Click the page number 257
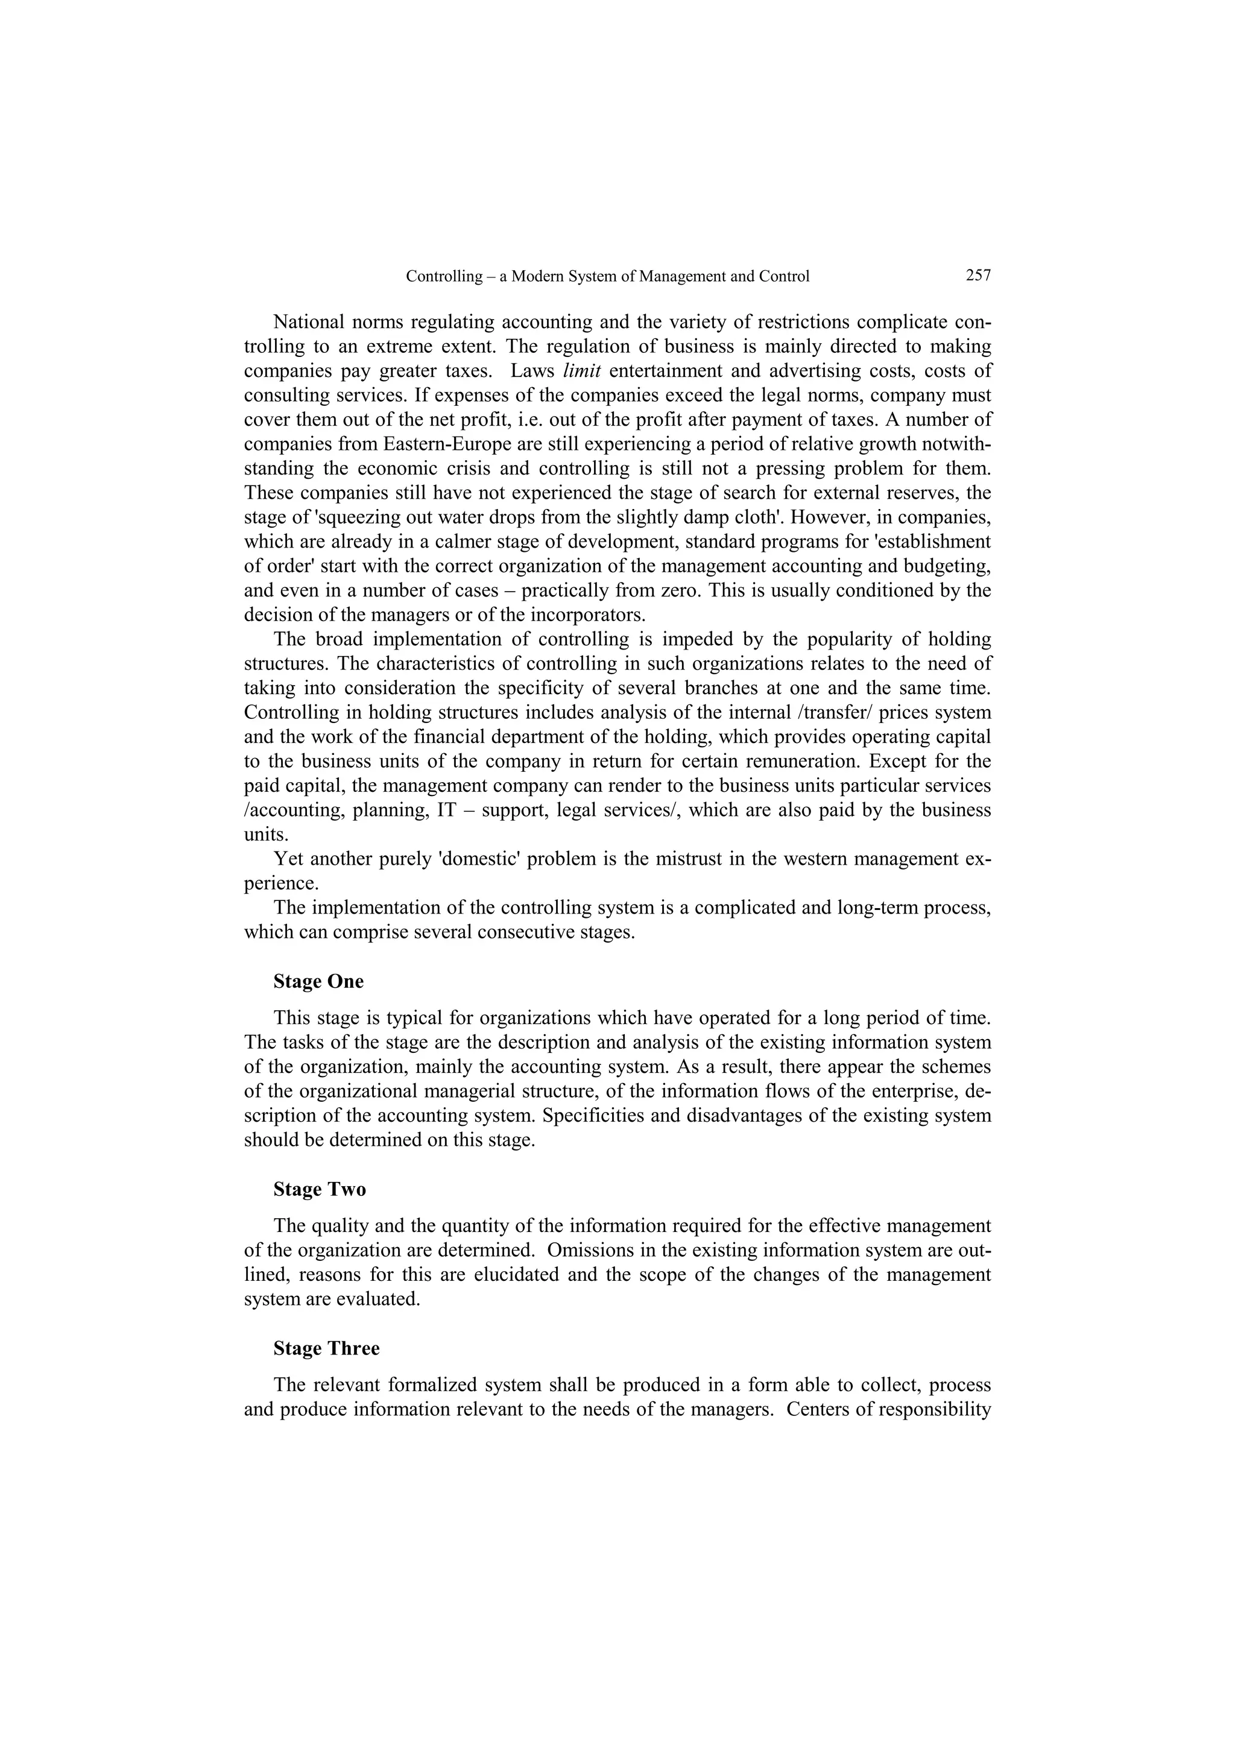tap(978, 276)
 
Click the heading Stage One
tap(318, 982)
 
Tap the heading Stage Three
tap(326, 1348)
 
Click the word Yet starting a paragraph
tap(288, 859)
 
